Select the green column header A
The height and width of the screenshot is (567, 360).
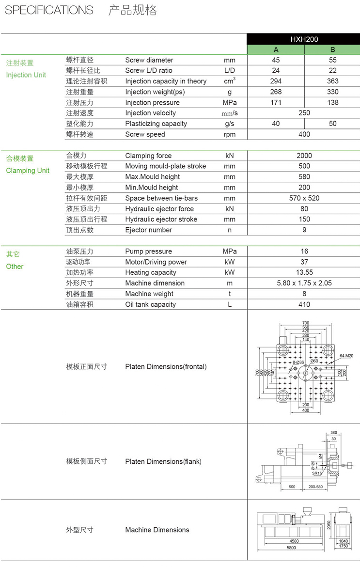pyautogui.click(x=276, y=50)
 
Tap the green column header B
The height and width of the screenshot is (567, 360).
pyautogui.click(x=332, y=50)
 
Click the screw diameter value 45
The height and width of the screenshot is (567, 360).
pyautogui.click(x=276, y=60)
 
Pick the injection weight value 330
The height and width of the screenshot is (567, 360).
pyautogui.click(x=332, y=92)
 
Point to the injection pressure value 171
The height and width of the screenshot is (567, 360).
pyautogui.click(x=276, y=103)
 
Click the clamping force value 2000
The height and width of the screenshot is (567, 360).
pyautogui.click(x=304, y=156)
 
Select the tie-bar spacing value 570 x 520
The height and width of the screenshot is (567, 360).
pyautogui.click(x=304, y=198)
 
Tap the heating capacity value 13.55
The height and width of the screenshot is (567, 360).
pyautogui.click(x=304, y=272)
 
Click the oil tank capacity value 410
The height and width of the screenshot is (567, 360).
pyautogui.click(x=304, y=304)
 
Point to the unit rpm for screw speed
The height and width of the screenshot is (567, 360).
pyautogui.click(x=229, y=135)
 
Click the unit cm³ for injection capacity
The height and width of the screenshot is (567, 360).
pyautogui.click(x=229, y=81)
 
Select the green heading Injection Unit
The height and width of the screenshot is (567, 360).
pyautogui.click(x=26, y=75)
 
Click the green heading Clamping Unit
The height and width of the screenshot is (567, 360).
pyautogui.click(x=28, y=171)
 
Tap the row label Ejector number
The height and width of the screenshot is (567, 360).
pyautogui.click(x=148, y=230)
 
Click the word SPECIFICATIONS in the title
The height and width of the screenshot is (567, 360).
pyautogui.click(x=49, y=10)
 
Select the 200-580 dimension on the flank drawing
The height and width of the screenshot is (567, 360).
pyautogui.click(x=315, y=487)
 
